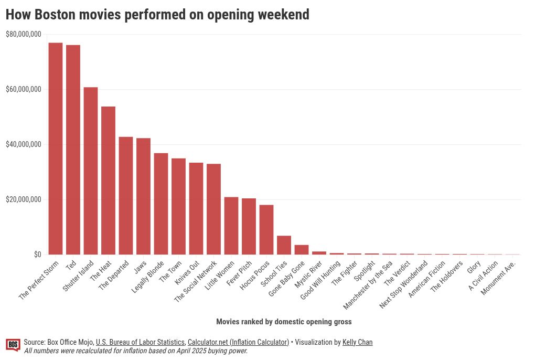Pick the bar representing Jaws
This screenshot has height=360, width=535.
pos(143,196)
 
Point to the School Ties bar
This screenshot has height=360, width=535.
pos(284,245)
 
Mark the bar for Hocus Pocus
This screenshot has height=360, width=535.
pos(266,229)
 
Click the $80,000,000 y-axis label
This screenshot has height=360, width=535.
pos(23,35)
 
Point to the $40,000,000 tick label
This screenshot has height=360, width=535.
pos(23,145)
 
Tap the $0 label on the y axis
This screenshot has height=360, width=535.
pos(37,255)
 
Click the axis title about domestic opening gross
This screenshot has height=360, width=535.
pos(284,322)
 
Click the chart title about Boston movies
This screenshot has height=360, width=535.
pos(157,15)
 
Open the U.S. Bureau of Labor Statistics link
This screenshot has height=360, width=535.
pos(140,342)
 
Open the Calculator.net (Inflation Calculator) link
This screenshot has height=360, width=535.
pos(238,342)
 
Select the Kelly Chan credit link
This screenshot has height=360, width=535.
pos(357,342)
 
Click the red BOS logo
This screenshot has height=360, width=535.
pos(13,345)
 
